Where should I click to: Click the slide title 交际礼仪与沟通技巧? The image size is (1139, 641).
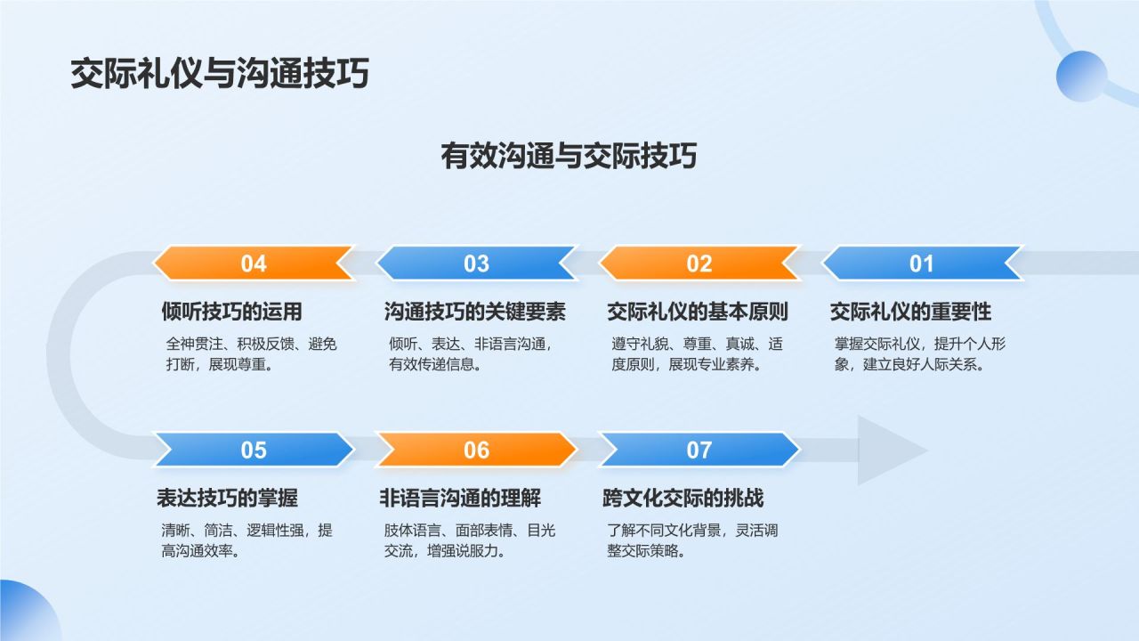point(219,74)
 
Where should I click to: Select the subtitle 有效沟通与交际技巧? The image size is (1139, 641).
point(569,156)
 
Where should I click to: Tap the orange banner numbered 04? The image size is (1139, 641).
point(254,264)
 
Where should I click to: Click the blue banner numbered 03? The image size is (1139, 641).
point(476,264)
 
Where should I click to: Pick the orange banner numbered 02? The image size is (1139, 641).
point(699,264)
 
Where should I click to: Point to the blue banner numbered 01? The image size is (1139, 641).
point(922,264)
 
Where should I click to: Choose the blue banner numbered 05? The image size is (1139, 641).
point(254,450)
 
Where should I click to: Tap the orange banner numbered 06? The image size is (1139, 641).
point(476,450)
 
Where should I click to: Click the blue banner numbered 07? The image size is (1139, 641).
point(699,450)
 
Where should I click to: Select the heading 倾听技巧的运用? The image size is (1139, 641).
point(232,312)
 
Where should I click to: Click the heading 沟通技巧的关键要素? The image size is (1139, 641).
point(475,312)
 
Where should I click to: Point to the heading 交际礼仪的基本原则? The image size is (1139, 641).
point(698,312)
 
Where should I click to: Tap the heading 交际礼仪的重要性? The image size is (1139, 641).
point(910,312)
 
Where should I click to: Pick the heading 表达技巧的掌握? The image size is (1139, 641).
point(227,499)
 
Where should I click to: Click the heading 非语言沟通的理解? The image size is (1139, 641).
point(460,499)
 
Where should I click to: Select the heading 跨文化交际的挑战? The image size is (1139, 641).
point(683,499)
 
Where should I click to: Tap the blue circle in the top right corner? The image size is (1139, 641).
point(1081,77)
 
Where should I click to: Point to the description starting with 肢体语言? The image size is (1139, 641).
point(469,540)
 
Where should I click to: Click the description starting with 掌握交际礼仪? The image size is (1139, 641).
point(919,354)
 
